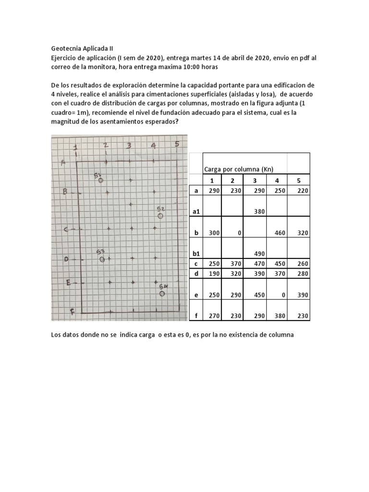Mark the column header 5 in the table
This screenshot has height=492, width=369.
298,180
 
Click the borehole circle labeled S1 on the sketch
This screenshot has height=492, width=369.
100,181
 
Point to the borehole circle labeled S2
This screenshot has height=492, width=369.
160,216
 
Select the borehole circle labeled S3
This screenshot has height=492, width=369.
102,259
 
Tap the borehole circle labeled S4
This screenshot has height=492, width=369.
162,293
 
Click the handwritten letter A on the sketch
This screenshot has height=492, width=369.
63,162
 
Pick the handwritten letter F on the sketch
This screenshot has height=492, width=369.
72,312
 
